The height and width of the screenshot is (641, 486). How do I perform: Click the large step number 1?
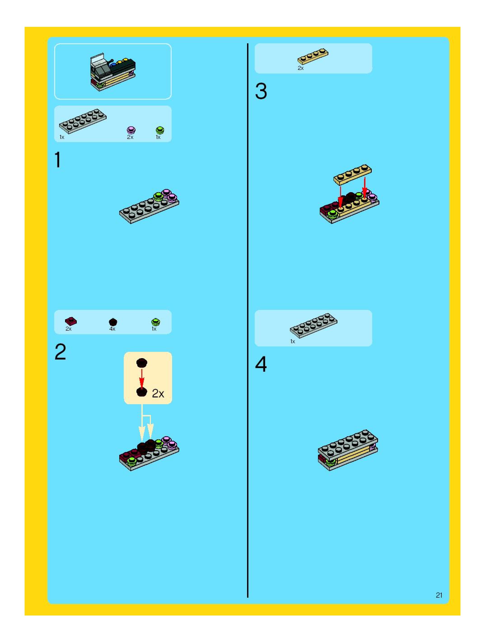[58, 160]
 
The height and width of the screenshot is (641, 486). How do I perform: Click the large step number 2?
[60, 352]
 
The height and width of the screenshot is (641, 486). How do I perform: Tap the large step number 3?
[261, 91]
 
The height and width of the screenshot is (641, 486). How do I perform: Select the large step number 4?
[261, 364]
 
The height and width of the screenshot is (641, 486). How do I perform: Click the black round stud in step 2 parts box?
[113, 322]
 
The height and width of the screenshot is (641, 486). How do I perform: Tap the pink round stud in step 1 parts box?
[131, 130]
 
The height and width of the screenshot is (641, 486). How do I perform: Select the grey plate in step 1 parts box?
[83, 121]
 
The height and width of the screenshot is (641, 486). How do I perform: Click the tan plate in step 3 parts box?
[313, 56]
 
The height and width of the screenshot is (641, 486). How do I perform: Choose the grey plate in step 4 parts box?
[313, 325]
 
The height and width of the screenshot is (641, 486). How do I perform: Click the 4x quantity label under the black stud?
[112, 329]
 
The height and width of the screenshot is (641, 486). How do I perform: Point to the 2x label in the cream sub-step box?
[158, 394]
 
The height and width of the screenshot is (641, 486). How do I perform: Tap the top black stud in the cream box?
[142, 362]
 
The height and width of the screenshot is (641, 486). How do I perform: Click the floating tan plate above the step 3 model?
[352, 175]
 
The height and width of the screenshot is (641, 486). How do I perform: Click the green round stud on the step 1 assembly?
[158, 196]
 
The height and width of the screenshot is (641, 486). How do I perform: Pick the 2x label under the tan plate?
[301, 68]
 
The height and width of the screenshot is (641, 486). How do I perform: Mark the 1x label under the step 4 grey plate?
[292, 341]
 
